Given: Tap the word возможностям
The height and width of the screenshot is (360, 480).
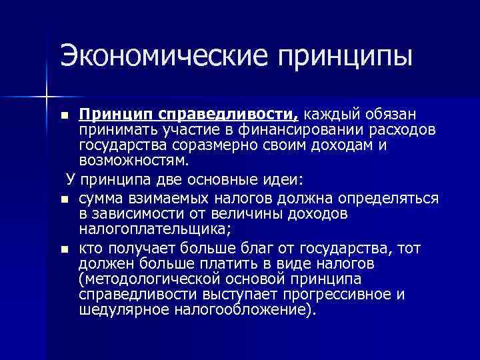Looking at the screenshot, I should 133,160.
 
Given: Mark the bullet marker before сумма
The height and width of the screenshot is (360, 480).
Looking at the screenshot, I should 63,199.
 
